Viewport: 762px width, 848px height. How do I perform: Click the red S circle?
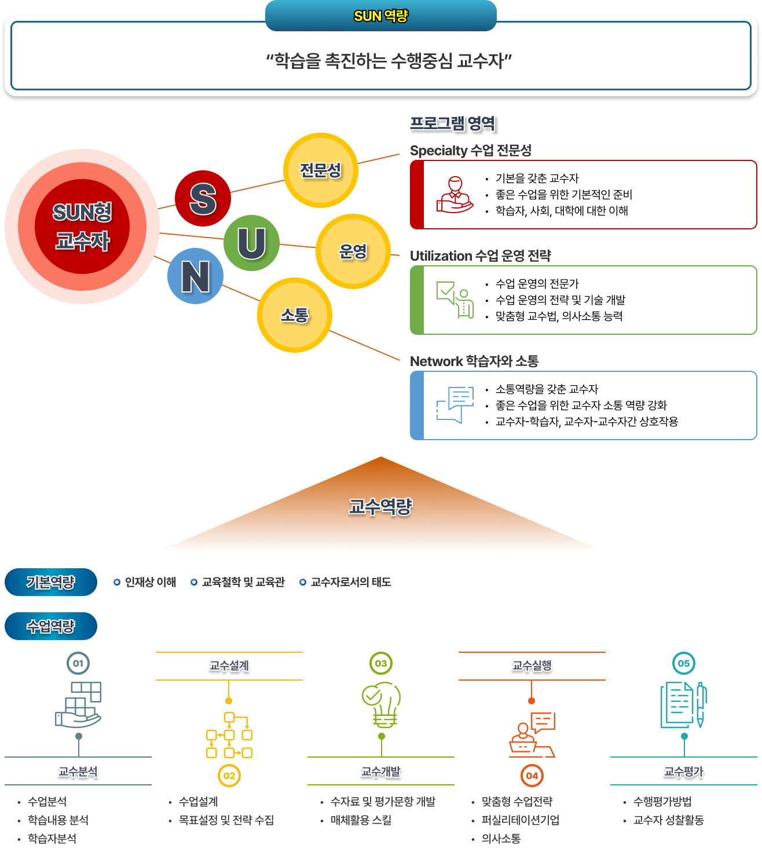[x=203, y=199]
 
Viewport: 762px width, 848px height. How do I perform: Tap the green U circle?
[x=251, y=243]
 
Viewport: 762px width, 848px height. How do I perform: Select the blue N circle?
[x=195, y=276]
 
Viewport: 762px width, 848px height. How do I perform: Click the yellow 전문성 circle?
[x=320, y=170]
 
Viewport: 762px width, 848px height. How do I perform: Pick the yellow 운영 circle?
[x=353, y=251]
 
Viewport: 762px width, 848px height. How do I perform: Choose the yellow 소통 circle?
[x=294, y=315]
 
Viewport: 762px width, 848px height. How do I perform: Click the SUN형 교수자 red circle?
[x=82, y=226]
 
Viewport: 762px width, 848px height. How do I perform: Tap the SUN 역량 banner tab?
[x=380, y=16]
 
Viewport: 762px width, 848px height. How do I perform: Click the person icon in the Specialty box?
[x=455, y=195]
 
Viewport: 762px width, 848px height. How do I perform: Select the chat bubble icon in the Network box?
[x=455, y=405]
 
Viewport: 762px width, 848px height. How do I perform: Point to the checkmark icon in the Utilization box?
[x=455, y=299]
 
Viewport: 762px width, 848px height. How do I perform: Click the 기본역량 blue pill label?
[x=51, y=582]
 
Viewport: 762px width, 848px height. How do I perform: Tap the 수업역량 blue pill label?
[x=51, y=626]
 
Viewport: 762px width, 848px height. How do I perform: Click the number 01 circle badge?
[x=78, y=663]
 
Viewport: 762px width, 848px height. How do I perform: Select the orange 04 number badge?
[x=532, y=776]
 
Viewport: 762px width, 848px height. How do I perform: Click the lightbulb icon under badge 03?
[x=382, y=704]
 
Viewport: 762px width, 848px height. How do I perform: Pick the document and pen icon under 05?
[x=684, y=704]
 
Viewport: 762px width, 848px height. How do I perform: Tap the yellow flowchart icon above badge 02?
[x=229, y=734]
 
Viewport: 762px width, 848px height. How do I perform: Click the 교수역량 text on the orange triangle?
[x=380, y=507]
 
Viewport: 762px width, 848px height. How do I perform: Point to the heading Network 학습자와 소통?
[x=474, y=361]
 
